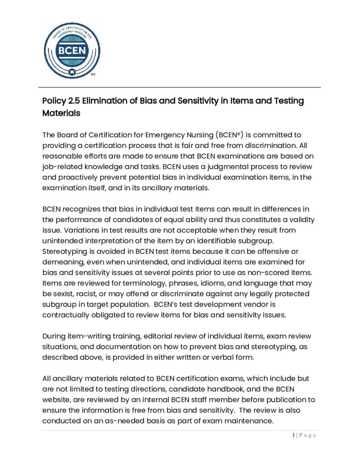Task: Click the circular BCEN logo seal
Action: click(x=72, y=51)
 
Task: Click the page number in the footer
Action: click(x=294, y=436)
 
